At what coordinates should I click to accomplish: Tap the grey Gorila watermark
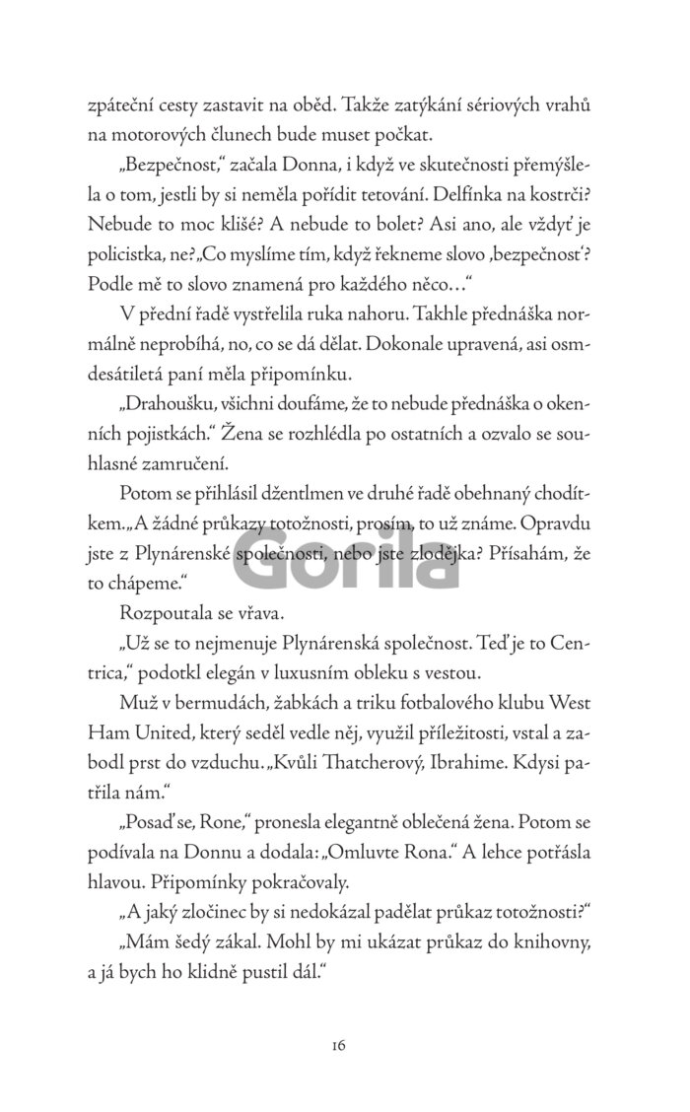pyautogui.click(x=344, y=565)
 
